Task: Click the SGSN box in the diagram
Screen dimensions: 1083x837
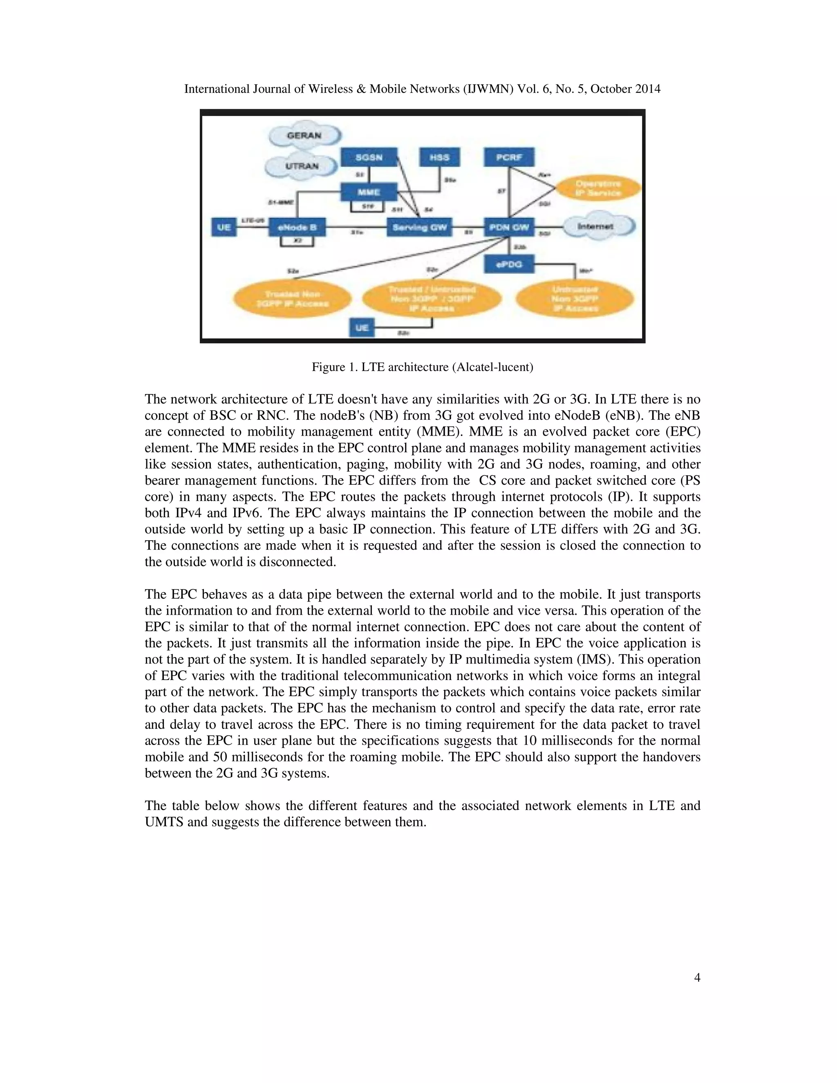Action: click(x=369, y=158)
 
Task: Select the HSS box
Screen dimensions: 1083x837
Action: click(x=439, y=158)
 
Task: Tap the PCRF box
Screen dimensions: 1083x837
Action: click(x=509, y=158)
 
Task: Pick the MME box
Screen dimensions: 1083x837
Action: click(x=369, y=192)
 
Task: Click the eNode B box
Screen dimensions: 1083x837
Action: click(x=297, y=228)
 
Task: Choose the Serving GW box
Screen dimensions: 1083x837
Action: click(x=419, y=228)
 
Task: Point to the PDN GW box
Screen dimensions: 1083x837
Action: click(x=509, y=228)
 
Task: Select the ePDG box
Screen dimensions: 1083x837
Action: click(x=509, y=264)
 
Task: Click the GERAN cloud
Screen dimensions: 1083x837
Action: click(x=304, y=135)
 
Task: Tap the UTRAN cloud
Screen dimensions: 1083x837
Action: click(x=302, y=166)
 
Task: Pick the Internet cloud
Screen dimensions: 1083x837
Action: click(x=597, y=226)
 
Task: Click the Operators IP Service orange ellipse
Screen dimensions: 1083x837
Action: click(x=597, y=188)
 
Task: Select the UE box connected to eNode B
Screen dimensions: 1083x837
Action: click(x=224, y=228)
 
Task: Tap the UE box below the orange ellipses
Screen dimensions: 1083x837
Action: click(x=362, y=328)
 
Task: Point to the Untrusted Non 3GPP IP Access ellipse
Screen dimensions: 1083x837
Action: click(x=575, y=299)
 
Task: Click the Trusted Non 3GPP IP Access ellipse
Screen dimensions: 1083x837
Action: click(x=293, y=299)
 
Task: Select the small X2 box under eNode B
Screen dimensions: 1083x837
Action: click(x=297, y=242)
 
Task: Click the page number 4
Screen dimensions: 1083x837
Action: click(x=697, y=978)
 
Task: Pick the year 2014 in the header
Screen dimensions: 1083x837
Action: click(x=647, y=89)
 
